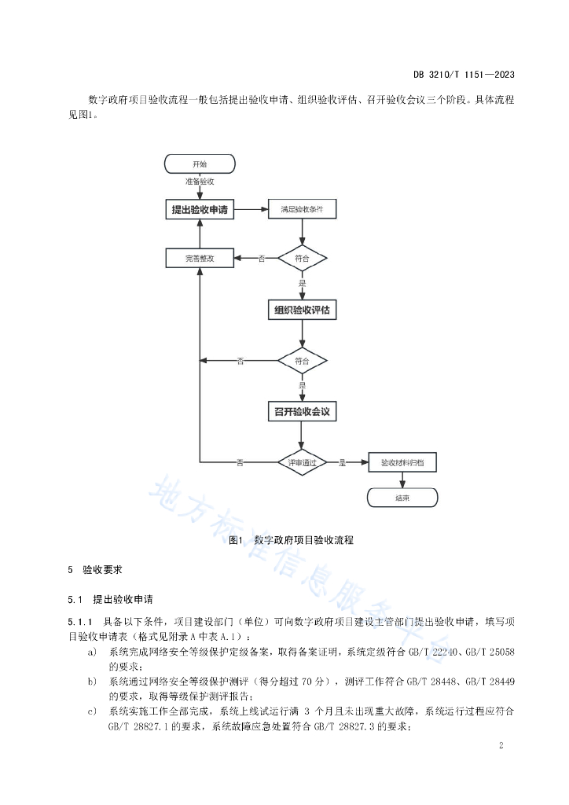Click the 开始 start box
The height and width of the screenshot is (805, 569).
200,164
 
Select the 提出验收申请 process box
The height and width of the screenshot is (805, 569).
200,209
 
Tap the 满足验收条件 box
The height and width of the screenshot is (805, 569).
303,209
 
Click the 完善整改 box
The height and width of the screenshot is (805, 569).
200,258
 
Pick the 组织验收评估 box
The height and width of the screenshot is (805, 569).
303,310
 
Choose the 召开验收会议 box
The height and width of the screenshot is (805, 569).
303,412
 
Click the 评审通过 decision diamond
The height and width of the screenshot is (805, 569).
303,462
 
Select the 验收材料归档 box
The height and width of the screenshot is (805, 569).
402,462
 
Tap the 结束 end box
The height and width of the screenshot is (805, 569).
402,498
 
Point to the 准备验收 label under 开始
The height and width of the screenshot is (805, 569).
200,182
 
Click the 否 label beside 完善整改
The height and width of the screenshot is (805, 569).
262,259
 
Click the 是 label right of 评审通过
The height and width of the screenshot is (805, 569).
342,462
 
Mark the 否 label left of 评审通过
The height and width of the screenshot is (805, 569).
240,462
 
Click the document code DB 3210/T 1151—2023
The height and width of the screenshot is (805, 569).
464,75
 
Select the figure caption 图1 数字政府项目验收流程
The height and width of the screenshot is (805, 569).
291,539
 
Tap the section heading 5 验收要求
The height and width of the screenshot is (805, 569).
95,569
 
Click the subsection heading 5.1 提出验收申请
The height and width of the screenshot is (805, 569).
110,599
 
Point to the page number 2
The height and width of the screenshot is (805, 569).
501,745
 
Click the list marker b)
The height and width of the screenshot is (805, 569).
92,682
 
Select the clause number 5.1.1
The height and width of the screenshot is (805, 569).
80,622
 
